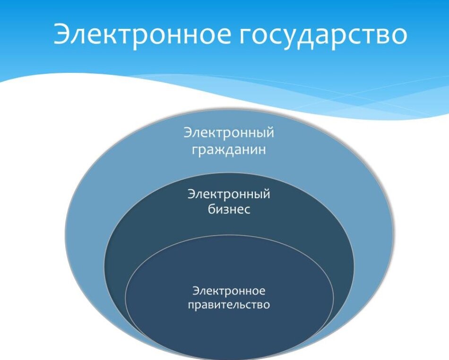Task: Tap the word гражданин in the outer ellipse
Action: [229, 150]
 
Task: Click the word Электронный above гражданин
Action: [229, 132]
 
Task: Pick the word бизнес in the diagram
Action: [229, 209]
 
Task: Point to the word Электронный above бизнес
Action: [229, 194]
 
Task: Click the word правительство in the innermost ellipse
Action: [229, 305]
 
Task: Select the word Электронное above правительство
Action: [229, 290]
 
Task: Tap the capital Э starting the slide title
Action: [63, 34]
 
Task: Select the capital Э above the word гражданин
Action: [187, 132]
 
